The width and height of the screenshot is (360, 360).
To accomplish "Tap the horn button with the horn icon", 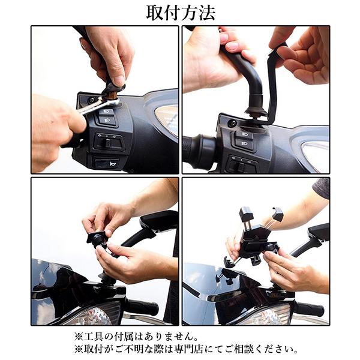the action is coord(106,163).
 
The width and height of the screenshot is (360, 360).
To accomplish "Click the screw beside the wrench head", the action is coord(92,100).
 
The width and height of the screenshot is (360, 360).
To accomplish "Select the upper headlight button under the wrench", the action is coord(106,112).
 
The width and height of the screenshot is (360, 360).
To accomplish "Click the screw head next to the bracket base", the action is coord(232,123).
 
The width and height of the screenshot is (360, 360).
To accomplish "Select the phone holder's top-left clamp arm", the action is coord(246,215).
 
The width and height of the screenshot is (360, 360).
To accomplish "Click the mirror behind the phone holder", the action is coord(319,232).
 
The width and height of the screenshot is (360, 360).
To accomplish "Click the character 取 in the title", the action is coord(155,13).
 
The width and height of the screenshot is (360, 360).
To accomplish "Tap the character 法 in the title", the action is coord(206,13).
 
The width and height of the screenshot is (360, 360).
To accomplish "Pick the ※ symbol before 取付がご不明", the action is coord(79,350).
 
